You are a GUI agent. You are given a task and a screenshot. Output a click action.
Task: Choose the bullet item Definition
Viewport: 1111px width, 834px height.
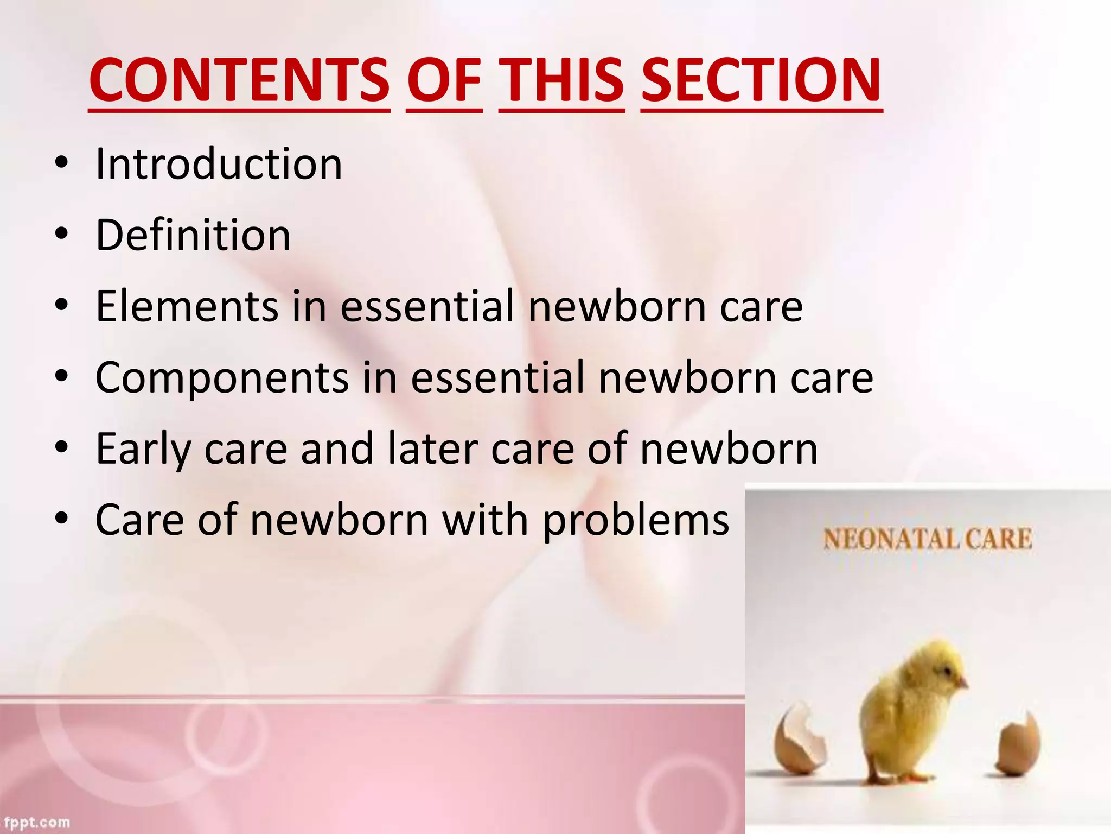pyautogui.click(x=193, y=235)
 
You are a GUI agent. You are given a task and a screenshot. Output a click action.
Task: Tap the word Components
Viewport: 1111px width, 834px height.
pyautogui.click(x=222, y=377)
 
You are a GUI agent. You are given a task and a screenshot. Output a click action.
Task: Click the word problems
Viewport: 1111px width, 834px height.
pyautogui.click(x=636, y=520)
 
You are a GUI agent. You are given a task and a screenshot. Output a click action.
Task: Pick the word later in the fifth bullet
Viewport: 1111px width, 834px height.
pyautogui.click(x=432, y=448)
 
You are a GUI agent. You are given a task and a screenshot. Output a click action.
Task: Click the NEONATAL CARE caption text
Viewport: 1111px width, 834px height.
pyautogui.click(x=927, y=539)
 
